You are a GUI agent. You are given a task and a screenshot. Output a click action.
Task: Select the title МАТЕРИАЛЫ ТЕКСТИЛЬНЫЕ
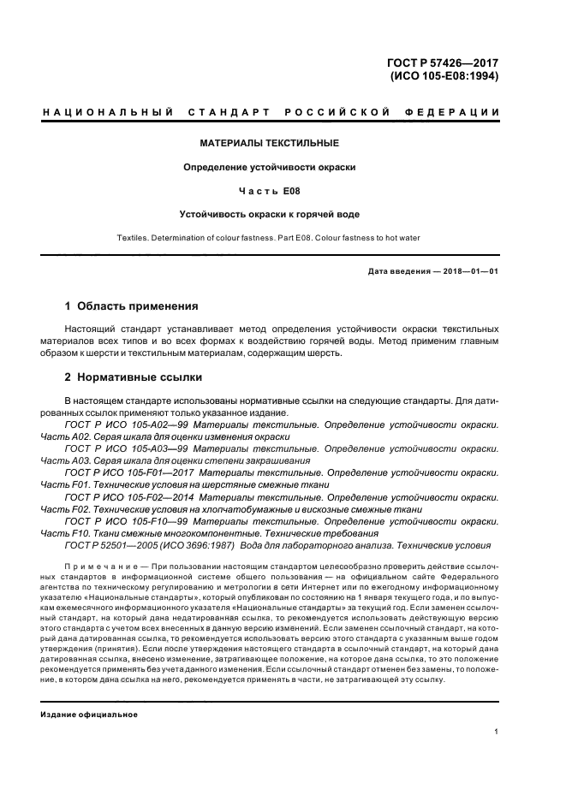coord(270,142)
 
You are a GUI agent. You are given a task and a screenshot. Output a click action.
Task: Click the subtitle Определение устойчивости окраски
coord(270,167)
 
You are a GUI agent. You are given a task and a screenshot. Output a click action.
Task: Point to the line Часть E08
coord(270,191)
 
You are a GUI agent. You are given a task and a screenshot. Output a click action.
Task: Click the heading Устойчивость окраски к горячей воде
coord(270,215)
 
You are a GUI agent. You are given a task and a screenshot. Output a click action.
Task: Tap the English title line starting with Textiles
coord(270,237)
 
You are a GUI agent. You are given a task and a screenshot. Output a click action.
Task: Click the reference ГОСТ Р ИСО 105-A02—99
coord(127,424)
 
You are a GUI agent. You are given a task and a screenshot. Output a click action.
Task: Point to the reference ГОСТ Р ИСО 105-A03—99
coord(127,448)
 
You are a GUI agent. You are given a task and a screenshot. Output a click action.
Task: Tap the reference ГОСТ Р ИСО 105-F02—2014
coord(132,495)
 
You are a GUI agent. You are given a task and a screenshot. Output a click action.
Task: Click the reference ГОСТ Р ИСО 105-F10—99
coord(127,519)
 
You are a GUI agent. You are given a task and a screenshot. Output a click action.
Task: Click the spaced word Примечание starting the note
coord(99,567)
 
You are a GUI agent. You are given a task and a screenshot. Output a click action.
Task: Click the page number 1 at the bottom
coord(497,732)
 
